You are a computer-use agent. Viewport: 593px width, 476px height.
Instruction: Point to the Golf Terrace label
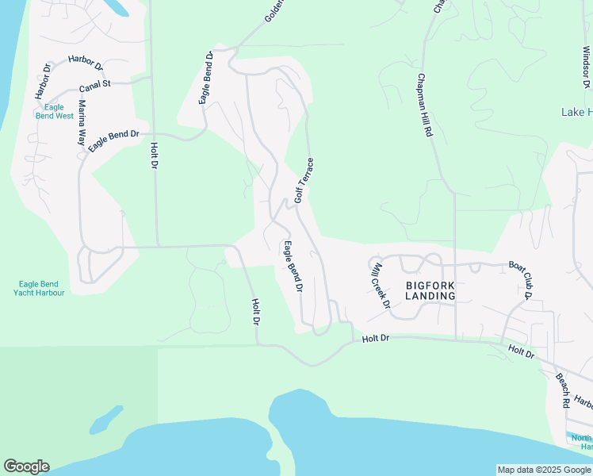point(304,180)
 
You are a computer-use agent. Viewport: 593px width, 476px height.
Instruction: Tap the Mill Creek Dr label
point(381,285)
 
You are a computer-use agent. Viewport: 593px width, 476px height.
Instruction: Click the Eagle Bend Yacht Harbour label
point(39,287)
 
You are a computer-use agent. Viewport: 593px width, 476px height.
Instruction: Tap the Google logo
point(26,466)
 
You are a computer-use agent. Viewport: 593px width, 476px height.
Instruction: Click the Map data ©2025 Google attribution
point(544,470)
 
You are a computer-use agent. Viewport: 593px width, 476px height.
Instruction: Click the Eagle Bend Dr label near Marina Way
point(113,141)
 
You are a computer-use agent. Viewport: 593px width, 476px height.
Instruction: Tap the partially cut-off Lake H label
point(576,112)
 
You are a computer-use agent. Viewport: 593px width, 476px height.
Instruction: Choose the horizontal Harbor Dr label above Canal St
point(86,60)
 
